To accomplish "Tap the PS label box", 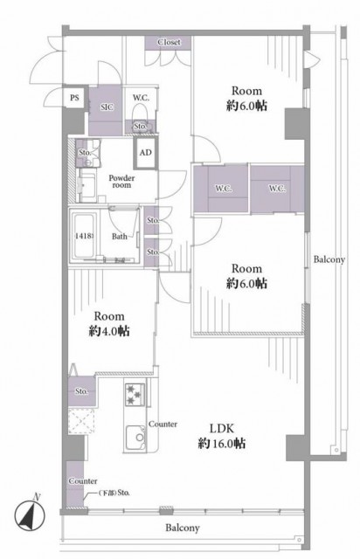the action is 74,97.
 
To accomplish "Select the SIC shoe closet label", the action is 107,107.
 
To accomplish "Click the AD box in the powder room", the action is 145,153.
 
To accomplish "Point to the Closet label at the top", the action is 170,42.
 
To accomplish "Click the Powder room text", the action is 121,181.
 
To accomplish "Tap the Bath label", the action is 120,236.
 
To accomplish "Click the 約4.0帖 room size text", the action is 109,331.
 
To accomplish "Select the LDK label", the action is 221,428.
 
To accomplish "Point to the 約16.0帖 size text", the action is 222,444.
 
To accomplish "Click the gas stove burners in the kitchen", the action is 135,395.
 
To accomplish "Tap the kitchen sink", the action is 135,438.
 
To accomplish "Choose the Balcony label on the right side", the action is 329,259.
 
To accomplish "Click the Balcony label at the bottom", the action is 183,528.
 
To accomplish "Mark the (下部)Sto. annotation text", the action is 114,493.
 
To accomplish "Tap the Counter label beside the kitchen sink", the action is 163,424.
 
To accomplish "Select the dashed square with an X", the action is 81,421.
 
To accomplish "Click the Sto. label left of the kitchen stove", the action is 81,391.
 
